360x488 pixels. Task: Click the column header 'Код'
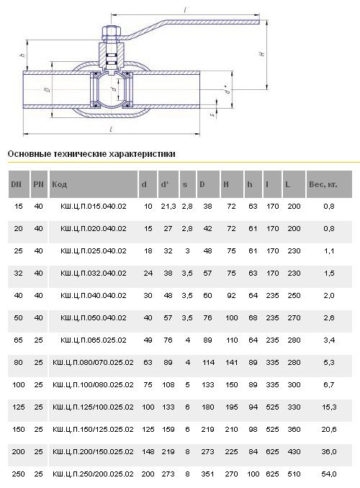(x=60, y=184)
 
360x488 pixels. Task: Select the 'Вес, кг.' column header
(x=323, y=184)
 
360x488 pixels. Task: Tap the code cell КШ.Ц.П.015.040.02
(x=94, y=206)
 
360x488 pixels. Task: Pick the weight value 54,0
(x=329, y=474)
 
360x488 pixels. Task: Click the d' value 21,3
(x=168, y=206)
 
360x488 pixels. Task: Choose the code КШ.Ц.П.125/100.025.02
(x=93, y=407)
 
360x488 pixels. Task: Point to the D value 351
(x=207, y=474)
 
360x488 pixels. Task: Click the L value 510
(x=294, y=474)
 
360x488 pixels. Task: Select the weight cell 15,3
(x=329, y=407)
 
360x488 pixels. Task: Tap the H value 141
(x=231, y=362)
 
